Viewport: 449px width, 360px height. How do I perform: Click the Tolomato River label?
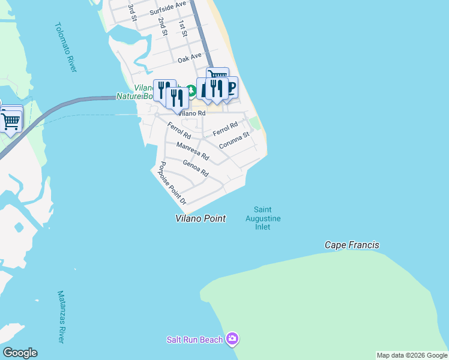66,48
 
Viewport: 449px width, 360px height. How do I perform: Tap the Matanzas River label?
61,317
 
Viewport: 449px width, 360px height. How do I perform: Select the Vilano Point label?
200,218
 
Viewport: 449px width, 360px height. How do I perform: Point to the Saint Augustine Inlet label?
263,218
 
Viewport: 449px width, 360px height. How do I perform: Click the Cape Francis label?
352,245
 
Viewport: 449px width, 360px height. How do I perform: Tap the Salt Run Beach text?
194,340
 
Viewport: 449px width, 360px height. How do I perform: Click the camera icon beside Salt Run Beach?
233,340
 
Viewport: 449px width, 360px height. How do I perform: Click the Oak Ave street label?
189,59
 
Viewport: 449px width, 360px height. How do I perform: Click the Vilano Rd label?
192,113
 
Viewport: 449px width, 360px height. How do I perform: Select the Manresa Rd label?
193,151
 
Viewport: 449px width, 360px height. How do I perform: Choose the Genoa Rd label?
195,169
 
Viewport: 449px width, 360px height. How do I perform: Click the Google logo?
20,353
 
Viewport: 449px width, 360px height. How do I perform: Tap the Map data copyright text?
412,355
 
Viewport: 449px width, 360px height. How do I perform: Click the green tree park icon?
191,91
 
